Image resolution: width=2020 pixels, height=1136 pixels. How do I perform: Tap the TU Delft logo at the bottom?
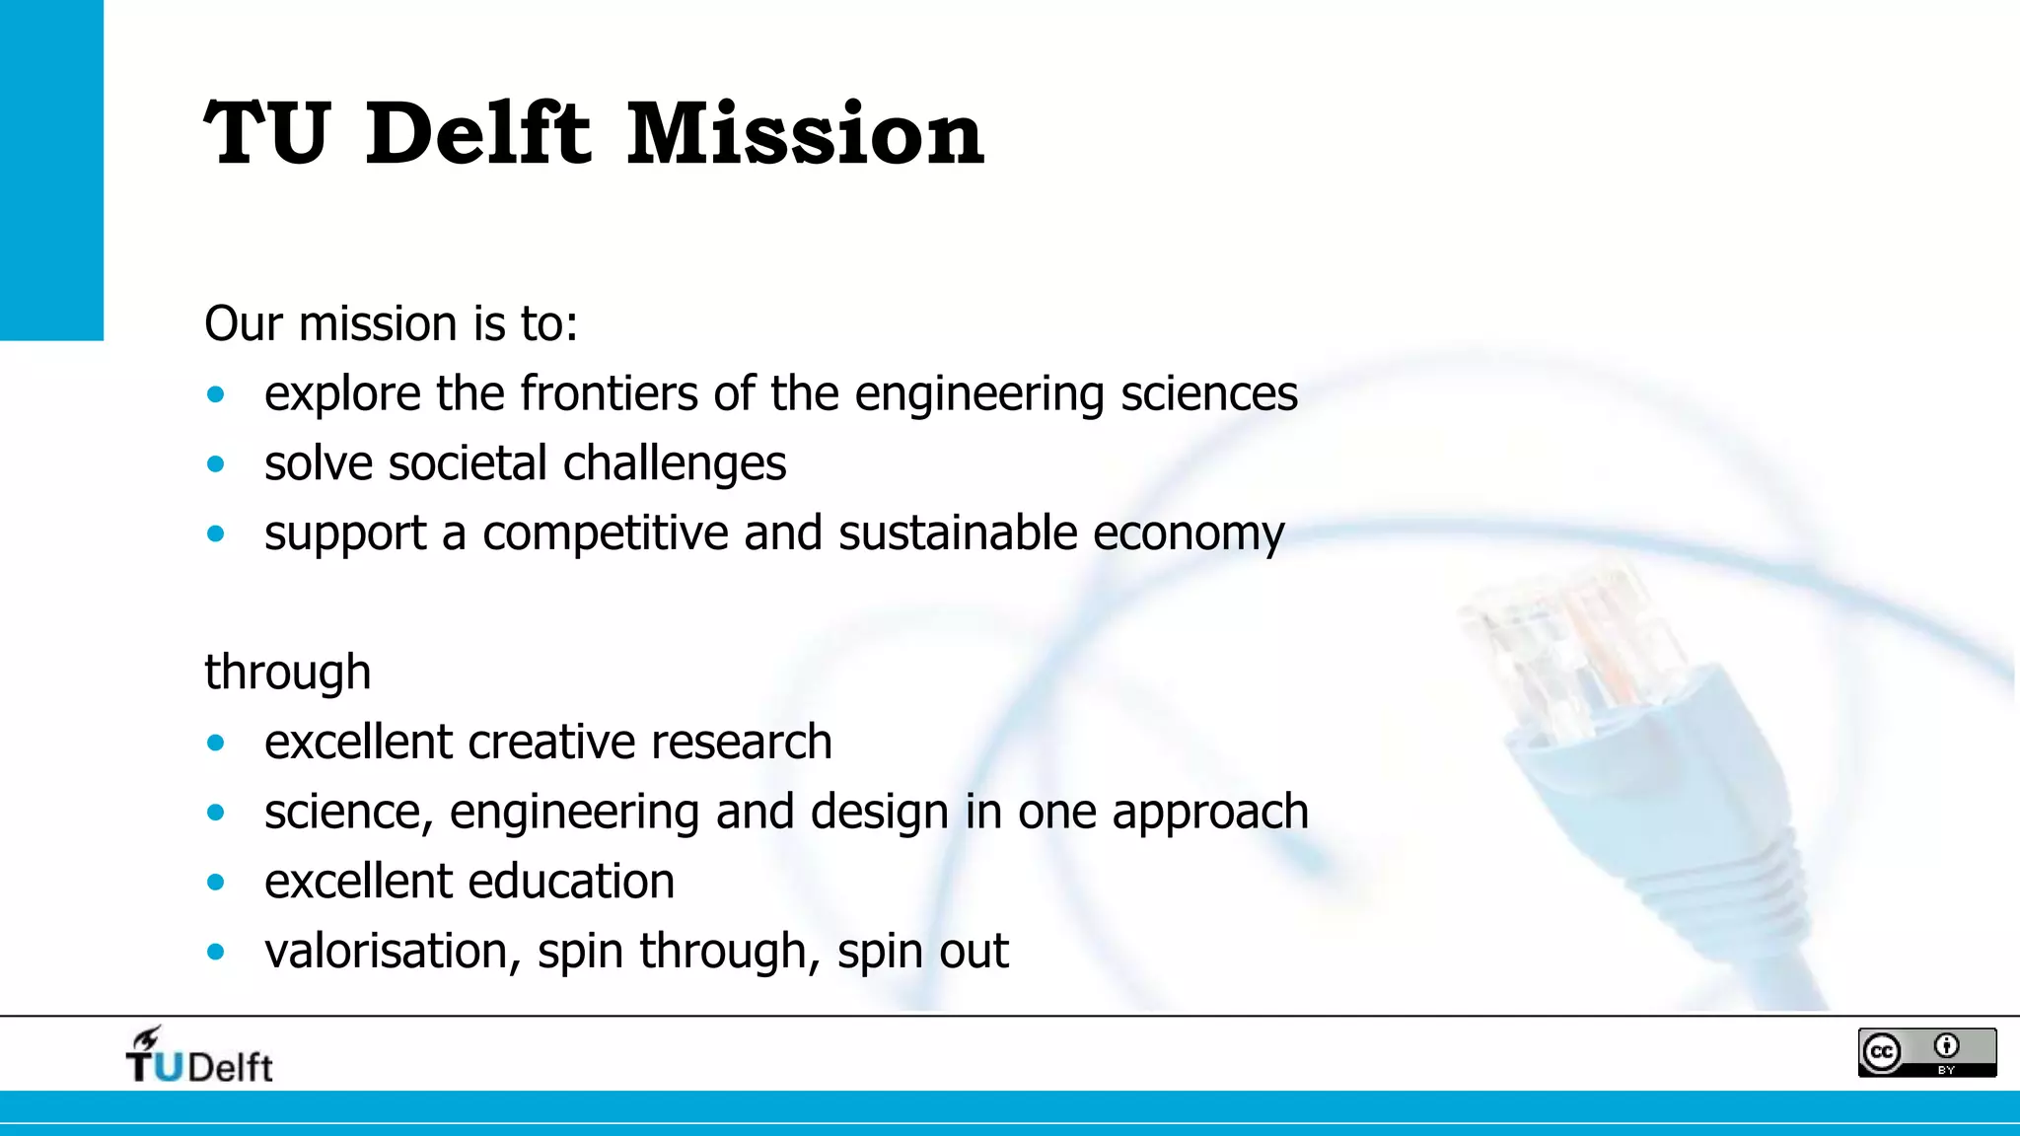point(199,1057)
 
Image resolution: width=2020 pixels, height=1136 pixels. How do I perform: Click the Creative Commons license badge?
point(1926,1052)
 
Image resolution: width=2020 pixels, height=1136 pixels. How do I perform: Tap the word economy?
point(1188,534)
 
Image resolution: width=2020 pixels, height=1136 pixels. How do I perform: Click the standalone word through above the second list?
point(287,674)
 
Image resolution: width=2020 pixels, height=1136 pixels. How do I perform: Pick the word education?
point(571,882)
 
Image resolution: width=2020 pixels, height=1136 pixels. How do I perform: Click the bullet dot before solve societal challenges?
point(216,464)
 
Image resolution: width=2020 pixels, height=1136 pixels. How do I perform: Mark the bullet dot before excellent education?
point(216,883)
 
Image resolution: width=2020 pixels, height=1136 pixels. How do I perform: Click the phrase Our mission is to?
point(391,323)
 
